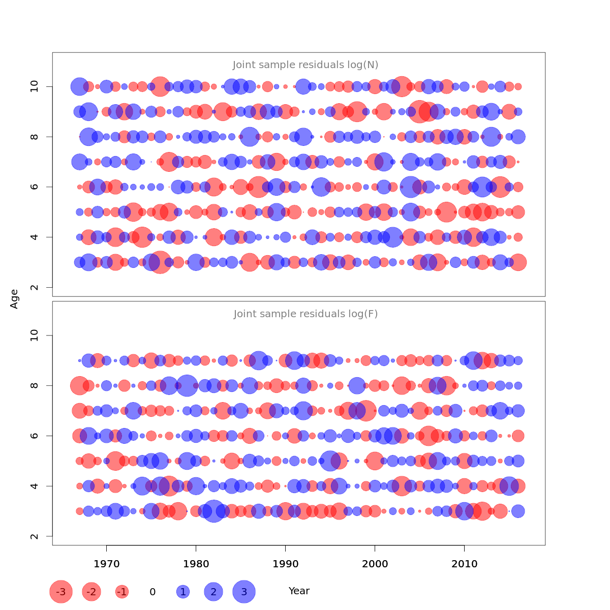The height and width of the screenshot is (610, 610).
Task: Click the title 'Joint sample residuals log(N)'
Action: coord(306,65)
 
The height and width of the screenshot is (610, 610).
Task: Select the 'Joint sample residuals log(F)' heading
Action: coord(306,314)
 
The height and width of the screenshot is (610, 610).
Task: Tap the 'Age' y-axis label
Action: coord(14,299)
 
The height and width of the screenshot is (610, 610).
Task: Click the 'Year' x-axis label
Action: coord(299,591)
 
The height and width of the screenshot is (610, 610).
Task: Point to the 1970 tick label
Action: coord(106,564)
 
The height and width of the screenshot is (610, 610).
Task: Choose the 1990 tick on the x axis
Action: coord(285,564)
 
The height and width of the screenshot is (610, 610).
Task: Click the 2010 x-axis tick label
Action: coord(464,564)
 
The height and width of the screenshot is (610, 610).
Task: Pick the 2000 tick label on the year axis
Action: coord(375,564)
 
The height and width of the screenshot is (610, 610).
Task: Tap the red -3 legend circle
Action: coord(61,592)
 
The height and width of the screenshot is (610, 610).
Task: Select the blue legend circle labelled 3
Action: coord(244,592)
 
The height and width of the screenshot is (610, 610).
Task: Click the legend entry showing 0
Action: coord(152,592)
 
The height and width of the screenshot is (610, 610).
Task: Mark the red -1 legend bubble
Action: coord(121,592)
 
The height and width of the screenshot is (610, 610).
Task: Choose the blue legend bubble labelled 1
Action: coord(183,592)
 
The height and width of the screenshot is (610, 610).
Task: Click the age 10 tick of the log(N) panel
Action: coord(35,86)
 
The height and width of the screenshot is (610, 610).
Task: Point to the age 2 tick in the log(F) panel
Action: coord(35,536)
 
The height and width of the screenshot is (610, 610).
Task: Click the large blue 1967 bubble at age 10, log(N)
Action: coord(79,86)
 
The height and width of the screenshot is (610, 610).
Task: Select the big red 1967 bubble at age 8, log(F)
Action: coord(79,385)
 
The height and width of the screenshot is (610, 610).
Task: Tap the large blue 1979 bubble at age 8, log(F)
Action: coord(187,385)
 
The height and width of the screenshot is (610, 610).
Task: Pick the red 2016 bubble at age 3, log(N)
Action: coord(518,262)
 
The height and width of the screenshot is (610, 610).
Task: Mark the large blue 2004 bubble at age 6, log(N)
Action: coord(410,187)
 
